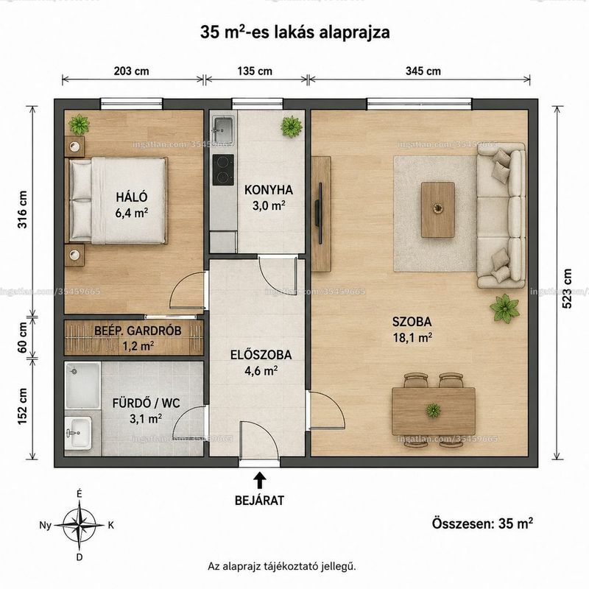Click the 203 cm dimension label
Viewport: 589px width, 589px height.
132,71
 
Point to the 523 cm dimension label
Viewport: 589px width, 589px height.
567,289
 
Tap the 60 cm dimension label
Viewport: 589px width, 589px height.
23,338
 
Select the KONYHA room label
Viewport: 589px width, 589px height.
269,190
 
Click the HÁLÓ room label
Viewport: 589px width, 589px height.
132,197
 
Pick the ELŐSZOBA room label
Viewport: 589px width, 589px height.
261,355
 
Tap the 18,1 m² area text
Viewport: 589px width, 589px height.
412,338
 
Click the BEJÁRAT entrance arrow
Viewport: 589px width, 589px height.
259,481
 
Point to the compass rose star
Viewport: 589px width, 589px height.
80,525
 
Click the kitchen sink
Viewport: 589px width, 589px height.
223,126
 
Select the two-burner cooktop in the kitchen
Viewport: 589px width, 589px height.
223,170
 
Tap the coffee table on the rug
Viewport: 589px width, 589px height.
438,210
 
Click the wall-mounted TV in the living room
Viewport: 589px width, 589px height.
320,213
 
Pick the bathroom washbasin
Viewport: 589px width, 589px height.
78,433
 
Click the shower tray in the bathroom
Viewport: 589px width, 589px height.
82,385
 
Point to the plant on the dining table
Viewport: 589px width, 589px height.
434,410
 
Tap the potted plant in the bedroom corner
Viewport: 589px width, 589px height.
79,124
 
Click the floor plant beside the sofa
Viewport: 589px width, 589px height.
505,308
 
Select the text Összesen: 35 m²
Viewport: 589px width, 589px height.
482,523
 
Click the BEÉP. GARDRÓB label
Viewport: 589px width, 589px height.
138,331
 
